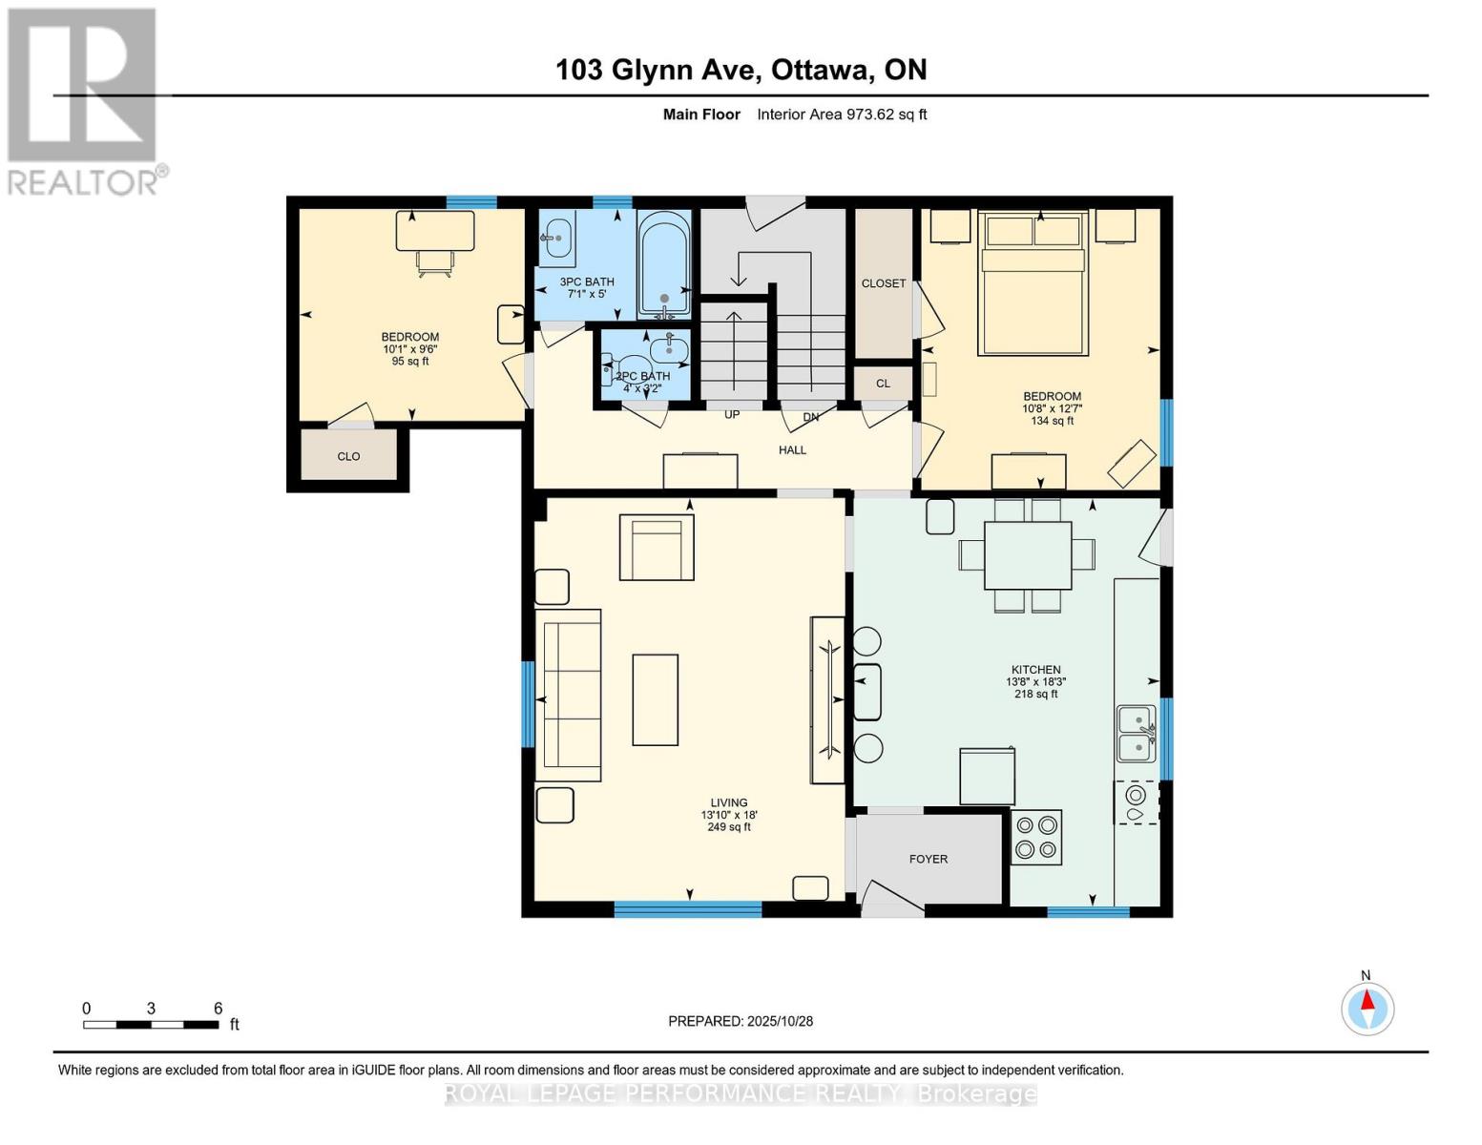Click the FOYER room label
(928, 859)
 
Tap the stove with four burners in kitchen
(1035, 837)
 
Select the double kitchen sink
(1136, 734)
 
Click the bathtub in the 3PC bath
(663, 264)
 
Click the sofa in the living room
(569, 695)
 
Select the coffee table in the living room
(655, 699)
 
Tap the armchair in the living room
(657, 548)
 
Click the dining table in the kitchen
(1027, 554)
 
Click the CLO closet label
(348, 456)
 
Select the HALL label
(792, 449)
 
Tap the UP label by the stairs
(732, 415)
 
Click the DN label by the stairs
(810, 417)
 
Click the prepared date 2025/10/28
(740, 1021)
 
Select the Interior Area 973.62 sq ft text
(842, 114)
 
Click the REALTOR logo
(83, 100)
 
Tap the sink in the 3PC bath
(556, 238)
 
